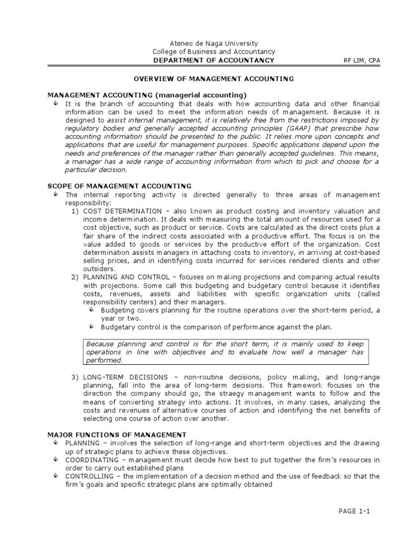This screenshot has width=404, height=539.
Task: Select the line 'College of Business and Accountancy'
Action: [x=214, y=52]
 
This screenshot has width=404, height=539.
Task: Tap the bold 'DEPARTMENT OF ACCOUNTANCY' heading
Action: [x=214, y=60]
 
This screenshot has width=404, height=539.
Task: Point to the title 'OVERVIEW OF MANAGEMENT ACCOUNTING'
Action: [x=214, y=78]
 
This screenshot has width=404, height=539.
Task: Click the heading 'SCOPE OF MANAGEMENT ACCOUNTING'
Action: [x=119, y=186]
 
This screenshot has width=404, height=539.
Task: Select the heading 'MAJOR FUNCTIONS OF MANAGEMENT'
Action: [x=117, y=435]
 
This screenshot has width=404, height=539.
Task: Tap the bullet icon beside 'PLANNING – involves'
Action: [x=56, y=443]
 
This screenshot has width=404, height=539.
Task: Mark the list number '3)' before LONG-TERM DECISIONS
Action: [x=75, y=377]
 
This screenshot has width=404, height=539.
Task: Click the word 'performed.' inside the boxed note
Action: [x=104, y=361]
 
